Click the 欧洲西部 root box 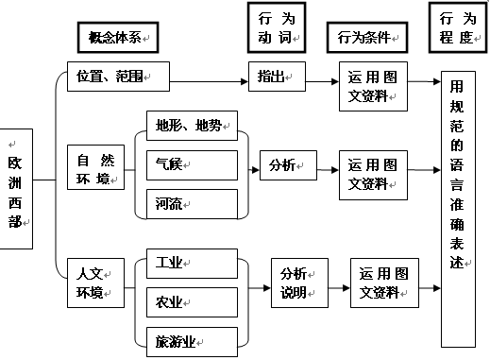tap(19, 194)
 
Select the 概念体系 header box tap(115, 37)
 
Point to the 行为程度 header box tap(458, 28)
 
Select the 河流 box tap(191, 202)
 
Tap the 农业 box tap(191, 301)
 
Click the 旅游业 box tap(191, 339)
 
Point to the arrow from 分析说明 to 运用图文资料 tap(339, 284)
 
